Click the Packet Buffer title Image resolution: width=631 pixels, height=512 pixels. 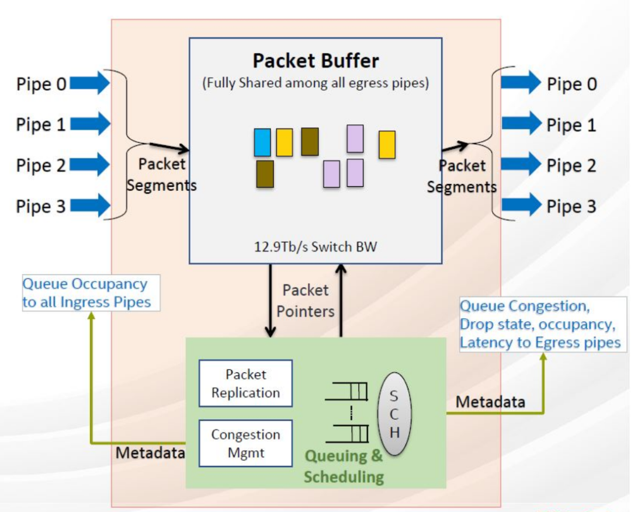(x=315, y=61)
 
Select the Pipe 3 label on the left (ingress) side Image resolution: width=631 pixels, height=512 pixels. (x=41, y=207)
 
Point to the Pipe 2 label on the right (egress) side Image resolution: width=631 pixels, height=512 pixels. (x=571, y=166)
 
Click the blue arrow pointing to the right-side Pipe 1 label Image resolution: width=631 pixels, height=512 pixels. (x=521, y=124)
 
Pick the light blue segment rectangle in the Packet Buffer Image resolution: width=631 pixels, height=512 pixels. (x=262, y=142)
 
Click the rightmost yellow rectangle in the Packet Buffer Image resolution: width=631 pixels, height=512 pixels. (x=387, y=145)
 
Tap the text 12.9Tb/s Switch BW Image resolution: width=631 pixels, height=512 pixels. (x=315, y=246)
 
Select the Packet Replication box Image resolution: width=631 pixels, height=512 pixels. (x=245, y=384)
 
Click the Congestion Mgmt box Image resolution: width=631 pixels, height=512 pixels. (x=245, y=443)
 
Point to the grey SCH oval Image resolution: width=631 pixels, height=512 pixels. (x=394, y=414)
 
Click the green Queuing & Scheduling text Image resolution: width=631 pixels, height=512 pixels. (x=344, y=466)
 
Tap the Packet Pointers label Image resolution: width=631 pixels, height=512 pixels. (x=305, y=301)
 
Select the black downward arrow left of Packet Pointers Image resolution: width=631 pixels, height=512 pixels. (x=270, y=301)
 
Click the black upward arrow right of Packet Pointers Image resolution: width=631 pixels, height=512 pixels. (x=341, y=301)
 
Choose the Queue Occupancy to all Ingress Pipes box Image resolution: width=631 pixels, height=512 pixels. (x=91, y=293)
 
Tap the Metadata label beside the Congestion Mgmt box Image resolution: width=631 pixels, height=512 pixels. (x=150, y=452)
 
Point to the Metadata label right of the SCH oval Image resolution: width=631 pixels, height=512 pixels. (x=490, y=402)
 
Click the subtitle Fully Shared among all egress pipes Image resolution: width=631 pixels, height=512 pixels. (x=315, y=83)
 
